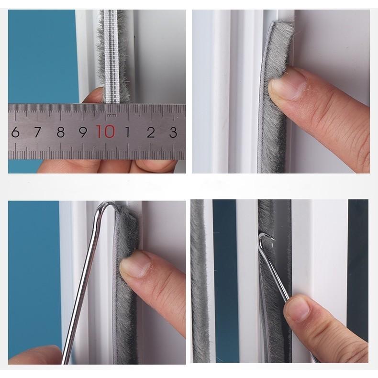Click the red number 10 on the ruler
click(106, 131)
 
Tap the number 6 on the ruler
click(15, 132)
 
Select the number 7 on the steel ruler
click(37, 132)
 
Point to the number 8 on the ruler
click(60, 132)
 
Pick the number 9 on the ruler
click(83, 132)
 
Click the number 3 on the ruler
click(173, 132)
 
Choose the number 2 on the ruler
click(151, 132)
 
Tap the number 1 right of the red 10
click(128, 132)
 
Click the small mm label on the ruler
click(111, 115)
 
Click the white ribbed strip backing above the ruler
click(111, 57)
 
